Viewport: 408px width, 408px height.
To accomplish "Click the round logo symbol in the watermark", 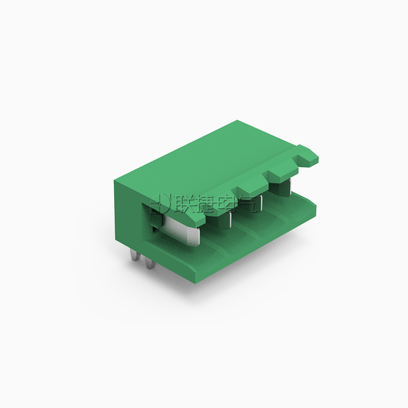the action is [160, 203].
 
